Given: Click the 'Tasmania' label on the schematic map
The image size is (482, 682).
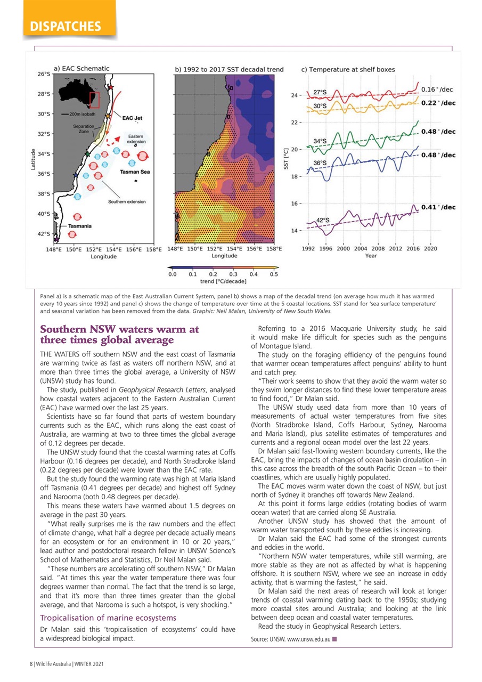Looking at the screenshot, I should pyautogui.click(x=79, y=226).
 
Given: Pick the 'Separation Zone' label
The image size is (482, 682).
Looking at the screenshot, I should pyautogui.click(x=84, y=128).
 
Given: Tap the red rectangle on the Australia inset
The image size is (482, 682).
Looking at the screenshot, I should pyautogui.click(x=95, y=100).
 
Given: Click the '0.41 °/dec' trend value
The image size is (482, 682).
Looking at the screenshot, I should pyautogui.click(x=438, y=207).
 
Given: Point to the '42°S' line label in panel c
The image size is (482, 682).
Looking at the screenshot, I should pyautogui.click(x=323, y=220).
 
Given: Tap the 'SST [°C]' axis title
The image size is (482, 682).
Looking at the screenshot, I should pyautogui.click(x=285, y=159).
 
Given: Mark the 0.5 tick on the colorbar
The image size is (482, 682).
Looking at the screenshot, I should pyautogui.click(x=274, y=274).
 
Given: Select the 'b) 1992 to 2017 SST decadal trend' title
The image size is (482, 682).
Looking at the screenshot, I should pyautogui.click(x=229, y=69).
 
